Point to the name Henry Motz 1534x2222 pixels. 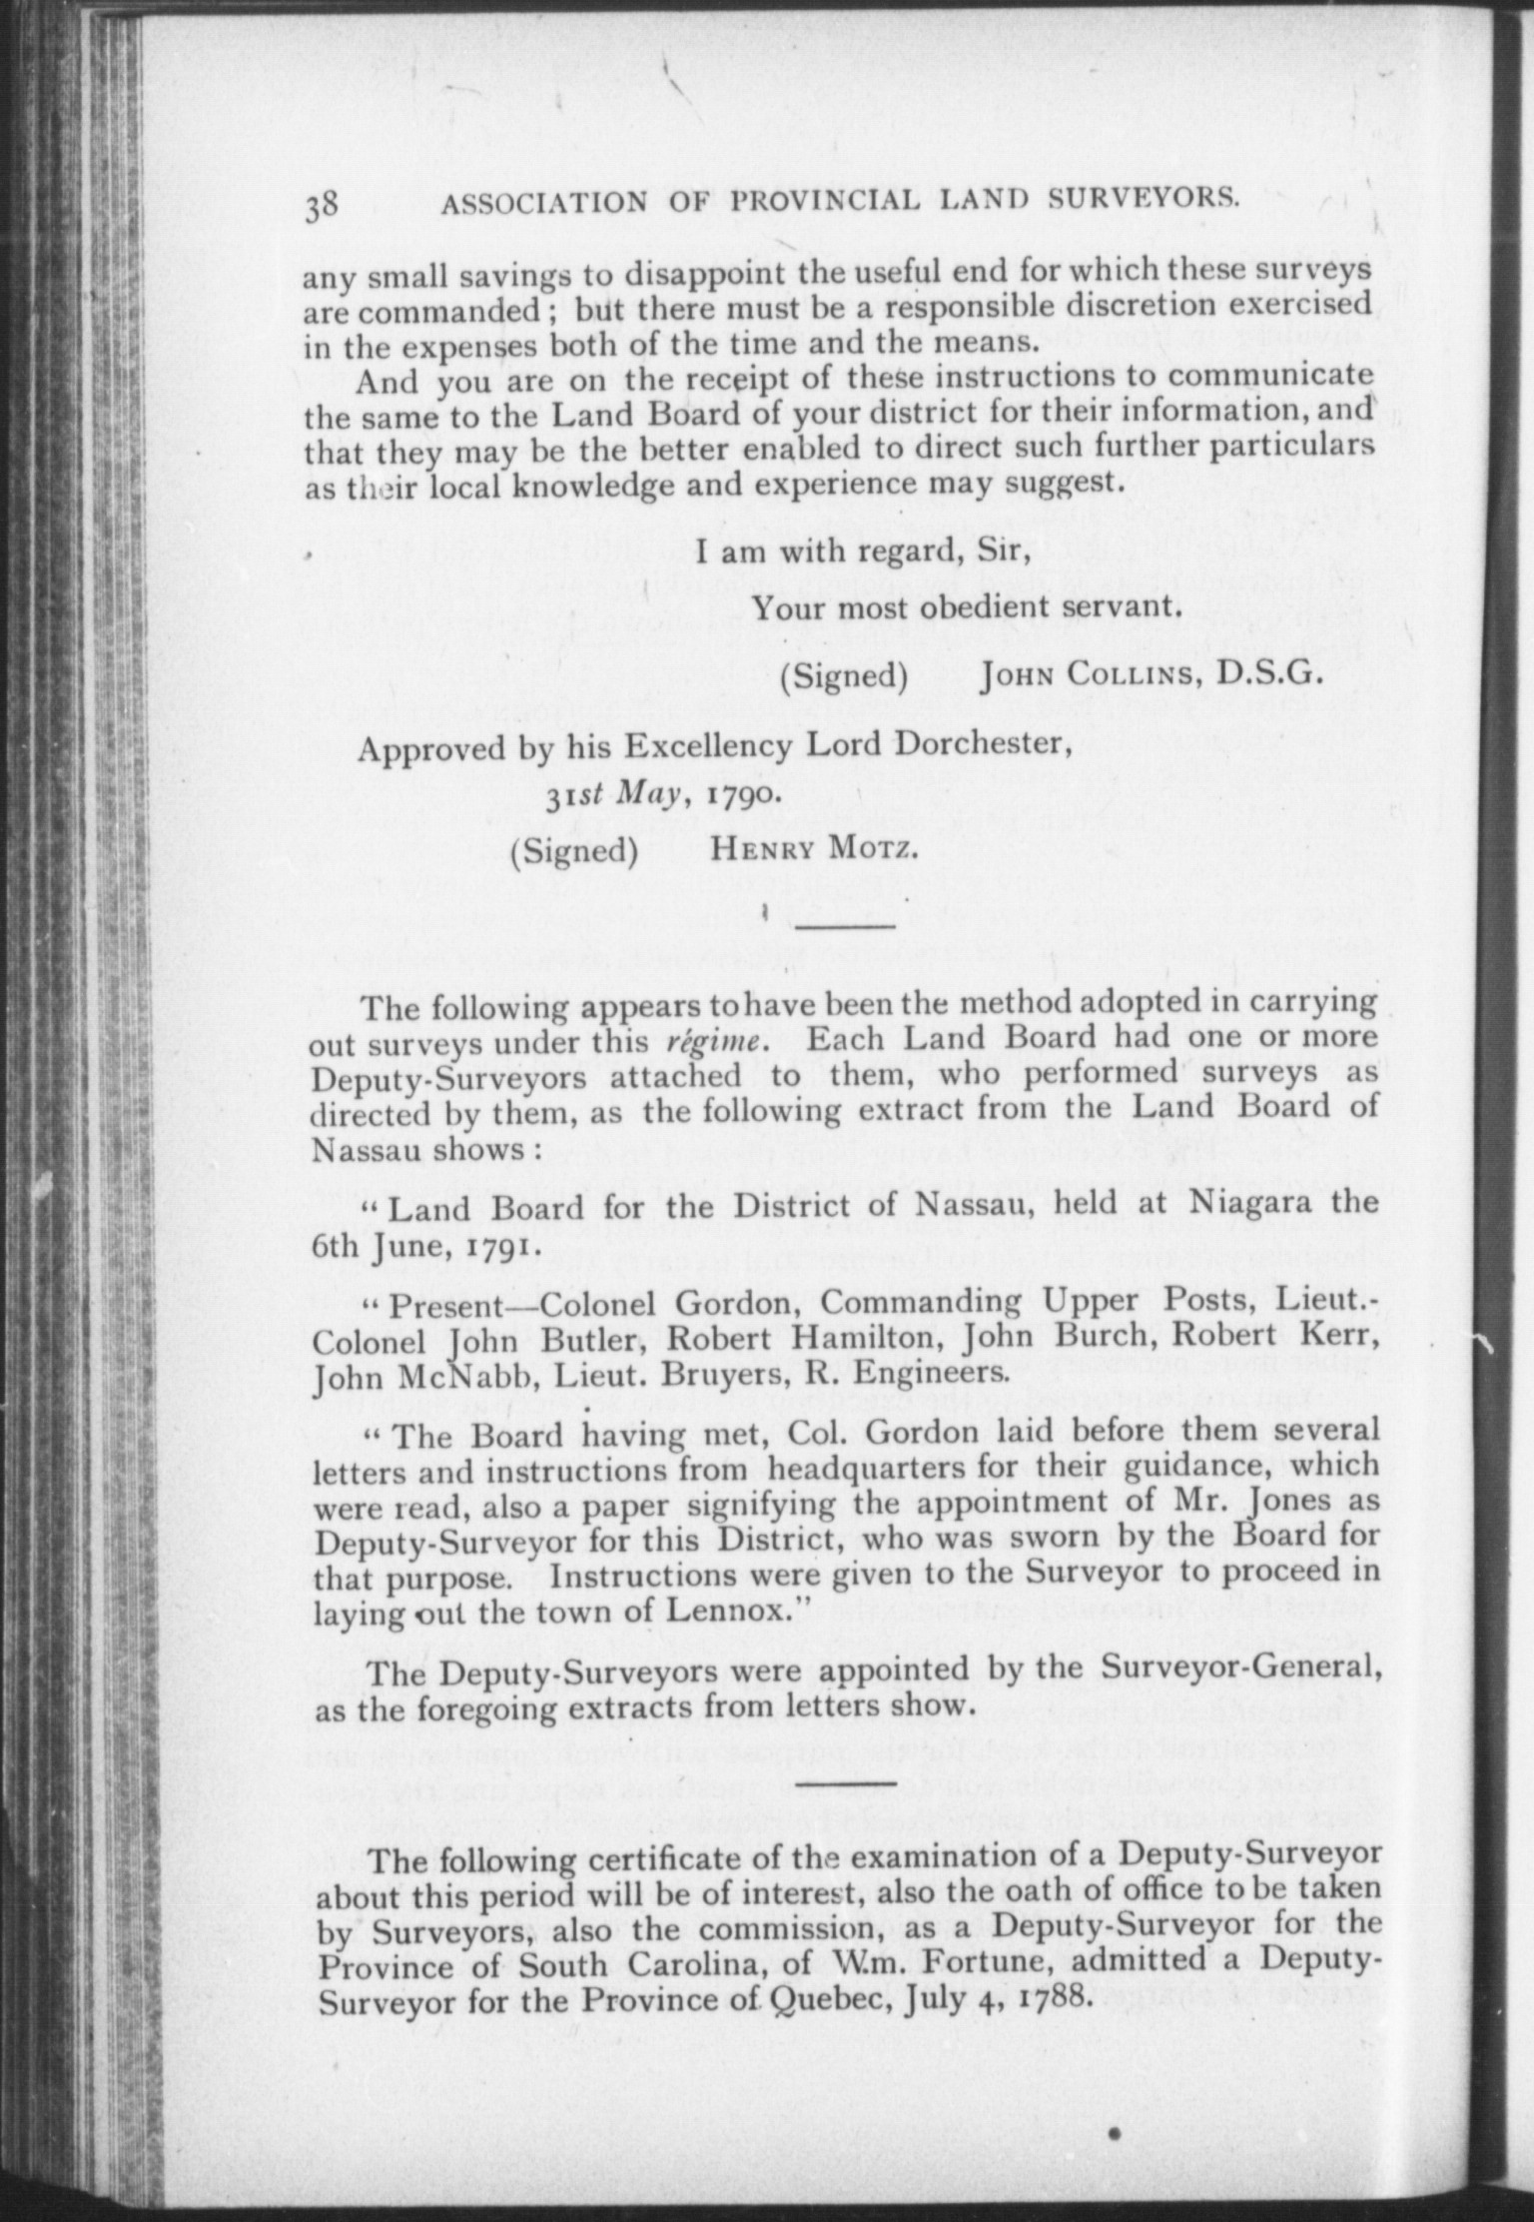[x=812, y=849]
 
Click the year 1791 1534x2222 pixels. [x=499, y=1249]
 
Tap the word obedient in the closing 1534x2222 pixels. [x=963, y=607]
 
